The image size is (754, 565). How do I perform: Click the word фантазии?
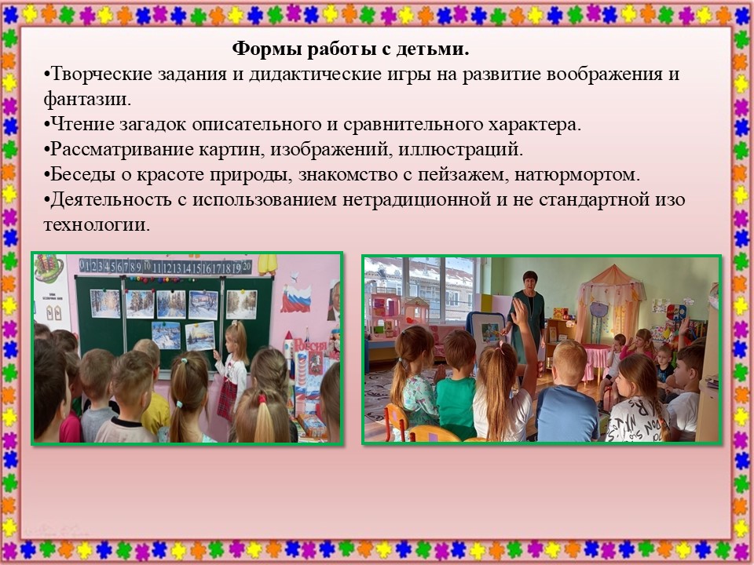(x=87, y=100)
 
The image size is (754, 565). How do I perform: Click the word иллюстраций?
(x=460, y=149)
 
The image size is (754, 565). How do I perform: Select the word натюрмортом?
(x=577, y=174)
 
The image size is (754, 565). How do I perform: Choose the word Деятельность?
(x=111, y=199)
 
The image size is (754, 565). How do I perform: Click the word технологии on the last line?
(x=97, y=224)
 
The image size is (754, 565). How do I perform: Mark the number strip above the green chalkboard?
(x=165, y=266)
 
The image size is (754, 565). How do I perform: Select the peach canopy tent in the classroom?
(x=611, y=308)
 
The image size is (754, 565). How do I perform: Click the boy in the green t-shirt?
(x=457, y=385)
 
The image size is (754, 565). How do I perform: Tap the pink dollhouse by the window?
(x=383, y=313)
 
